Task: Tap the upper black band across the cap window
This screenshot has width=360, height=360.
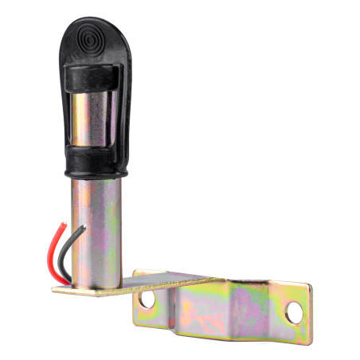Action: click(92, 78)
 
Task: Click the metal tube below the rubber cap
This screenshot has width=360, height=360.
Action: click(94, 231)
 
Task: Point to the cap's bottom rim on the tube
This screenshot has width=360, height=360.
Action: click(93, 176)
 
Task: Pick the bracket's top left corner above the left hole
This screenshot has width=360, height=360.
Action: click(137, 275)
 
